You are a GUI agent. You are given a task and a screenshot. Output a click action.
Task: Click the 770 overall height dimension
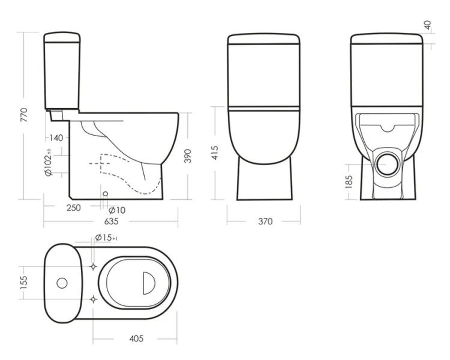click(24, 115)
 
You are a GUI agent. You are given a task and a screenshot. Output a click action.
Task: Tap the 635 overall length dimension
click(112, 221)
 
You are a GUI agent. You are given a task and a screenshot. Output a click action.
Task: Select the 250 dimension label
click(74, 208)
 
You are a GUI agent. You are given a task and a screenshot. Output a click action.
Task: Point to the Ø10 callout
click(117, 211)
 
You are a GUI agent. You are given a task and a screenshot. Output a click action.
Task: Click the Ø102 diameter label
click(48, 162)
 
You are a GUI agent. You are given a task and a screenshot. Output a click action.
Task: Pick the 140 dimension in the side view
click(56, 138)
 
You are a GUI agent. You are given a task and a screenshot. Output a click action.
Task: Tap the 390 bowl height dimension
click(187, 156)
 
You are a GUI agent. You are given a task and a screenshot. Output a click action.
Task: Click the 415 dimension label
click(214, 153)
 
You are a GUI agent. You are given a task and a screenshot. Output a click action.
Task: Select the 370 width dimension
click(265, 221)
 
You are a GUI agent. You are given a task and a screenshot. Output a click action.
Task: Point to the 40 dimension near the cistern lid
click(427, 25)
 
